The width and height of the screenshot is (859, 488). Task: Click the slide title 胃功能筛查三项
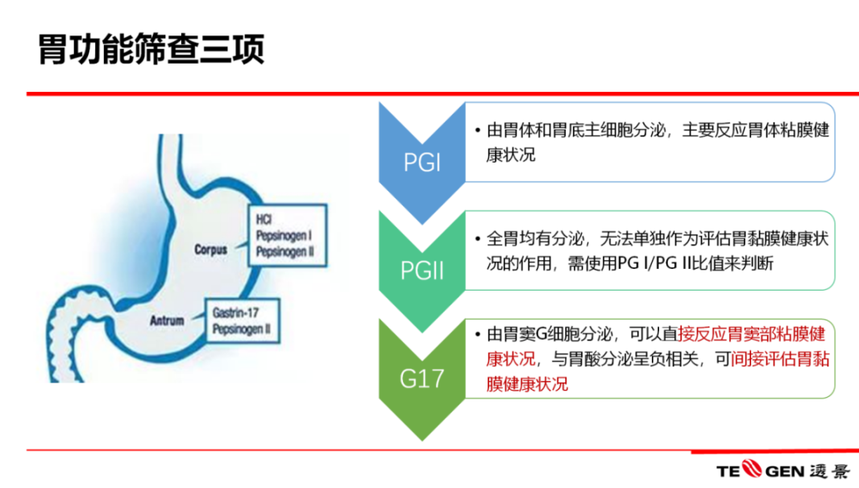pos(151,50)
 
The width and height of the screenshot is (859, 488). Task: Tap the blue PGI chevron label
pos(421,163)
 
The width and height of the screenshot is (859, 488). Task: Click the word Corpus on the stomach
pos(211,250)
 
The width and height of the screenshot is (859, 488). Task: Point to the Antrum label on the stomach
pos(168,321)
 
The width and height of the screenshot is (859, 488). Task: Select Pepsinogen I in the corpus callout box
pos(284,235)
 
